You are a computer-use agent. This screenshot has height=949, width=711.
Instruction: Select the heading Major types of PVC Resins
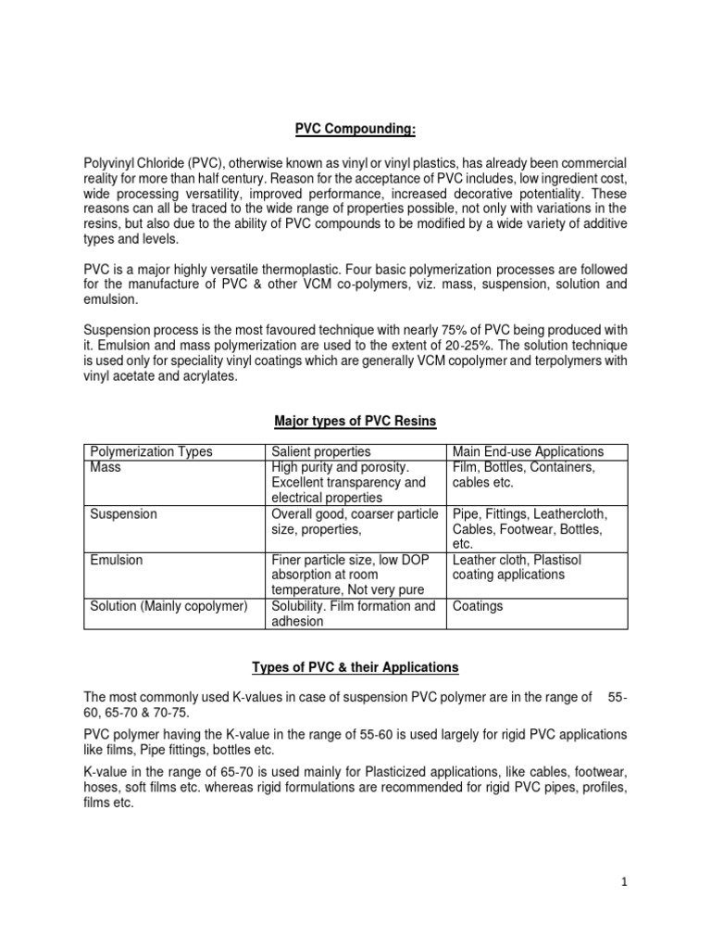click(x=355, y=422)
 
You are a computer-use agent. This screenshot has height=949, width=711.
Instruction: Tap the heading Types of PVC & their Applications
click(x=355, y=667)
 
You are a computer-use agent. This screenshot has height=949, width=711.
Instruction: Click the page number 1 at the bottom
click(x=625, y=882)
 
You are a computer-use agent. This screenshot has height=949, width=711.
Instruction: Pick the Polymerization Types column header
click(x=151, y=452)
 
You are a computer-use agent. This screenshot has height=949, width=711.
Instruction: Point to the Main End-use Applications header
click(x=528, y=452)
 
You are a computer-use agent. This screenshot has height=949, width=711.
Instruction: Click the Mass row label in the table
click(x=106, y=468)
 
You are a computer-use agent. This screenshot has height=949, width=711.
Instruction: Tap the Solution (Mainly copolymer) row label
click(x=168, y=606)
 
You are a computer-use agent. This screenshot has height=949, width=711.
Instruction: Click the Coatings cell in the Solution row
click(x=478, y=606)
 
